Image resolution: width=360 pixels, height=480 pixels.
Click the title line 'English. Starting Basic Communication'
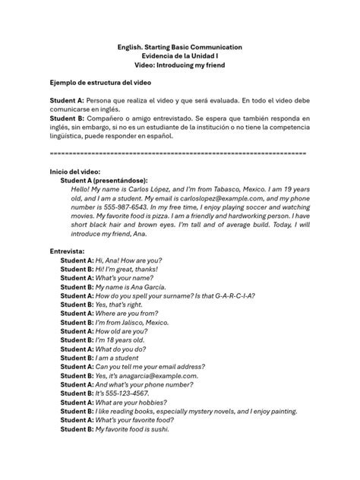tap(180, 47)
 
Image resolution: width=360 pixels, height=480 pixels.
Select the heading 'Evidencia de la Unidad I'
tap(180, 56)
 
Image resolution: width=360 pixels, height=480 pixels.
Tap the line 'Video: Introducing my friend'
tap(180, 65)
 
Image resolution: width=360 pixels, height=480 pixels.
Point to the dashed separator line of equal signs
tap(178, 153)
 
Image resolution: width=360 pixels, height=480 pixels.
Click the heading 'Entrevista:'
tap(67, 250)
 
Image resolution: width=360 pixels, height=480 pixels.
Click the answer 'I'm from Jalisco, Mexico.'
tap(131, 322)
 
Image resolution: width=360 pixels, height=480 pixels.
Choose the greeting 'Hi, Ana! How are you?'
tap(125, 260)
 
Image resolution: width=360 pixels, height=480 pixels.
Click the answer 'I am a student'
tap(118, 358)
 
